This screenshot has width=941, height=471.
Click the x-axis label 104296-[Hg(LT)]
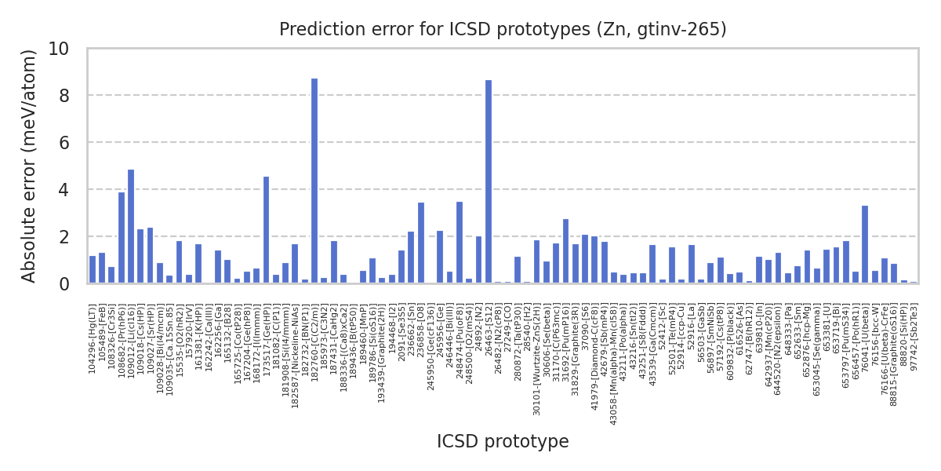tap(93, 338)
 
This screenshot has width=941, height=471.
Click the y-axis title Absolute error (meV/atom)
tap(29, 166)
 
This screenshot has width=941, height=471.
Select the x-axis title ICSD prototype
tap(503, 442)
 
